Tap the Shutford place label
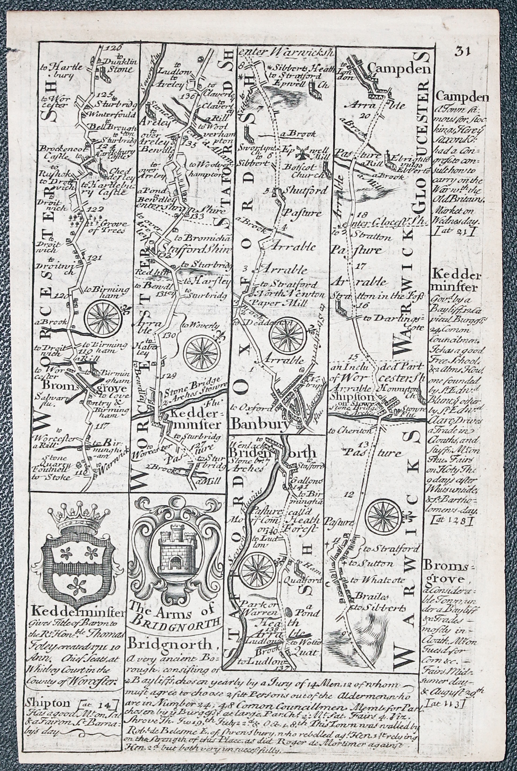304,191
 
